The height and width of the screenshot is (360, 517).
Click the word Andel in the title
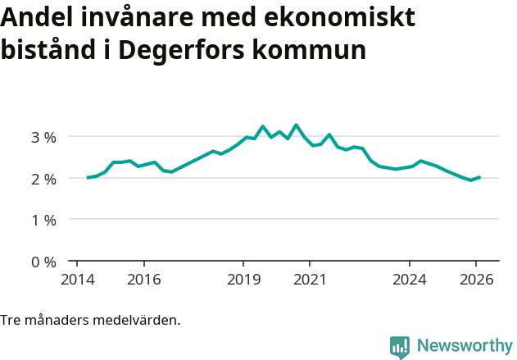(34, 17)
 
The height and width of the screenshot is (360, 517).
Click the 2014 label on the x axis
(77, 279)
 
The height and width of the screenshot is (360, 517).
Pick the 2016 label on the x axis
(143, 279)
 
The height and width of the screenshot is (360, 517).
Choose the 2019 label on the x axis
(243, 279)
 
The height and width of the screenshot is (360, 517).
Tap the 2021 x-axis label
(310, 279)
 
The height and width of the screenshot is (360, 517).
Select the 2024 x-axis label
(410, 279)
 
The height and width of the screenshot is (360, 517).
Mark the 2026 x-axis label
(476, 279)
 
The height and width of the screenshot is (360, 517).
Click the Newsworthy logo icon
(400, 347)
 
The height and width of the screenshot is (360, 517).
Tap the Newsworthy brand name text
(464, 346)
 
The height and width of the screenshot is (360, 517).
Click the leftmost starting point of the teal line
(88, 177)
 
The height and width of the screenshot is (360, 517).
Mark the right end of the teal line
(479, 176)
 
